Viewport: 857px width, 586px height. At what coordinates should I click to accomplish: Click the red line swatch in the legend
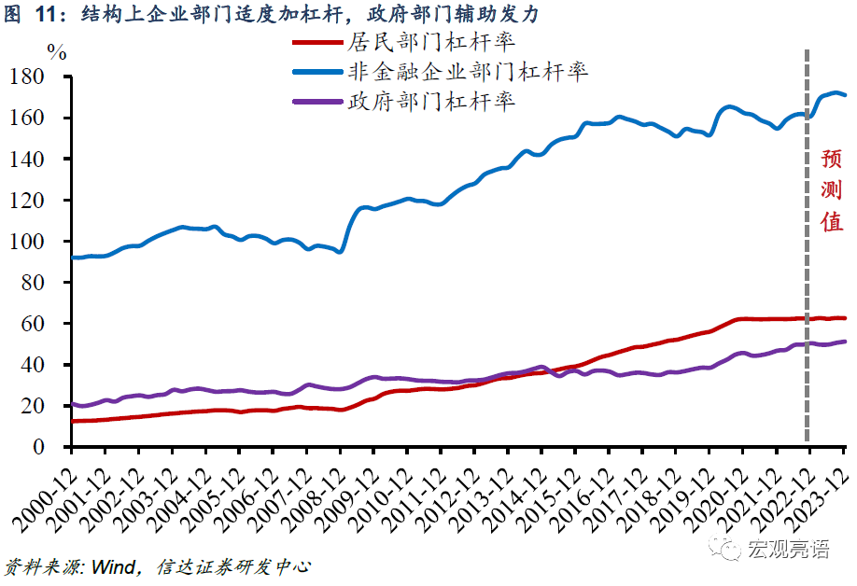[x=317, y=43]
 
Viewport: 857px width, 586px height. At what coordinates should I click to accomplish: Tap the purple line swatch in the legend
[x=317, y=101]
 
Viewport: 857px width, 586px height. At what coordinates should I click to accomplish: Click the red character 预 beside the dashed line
[x=831, y=159]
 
